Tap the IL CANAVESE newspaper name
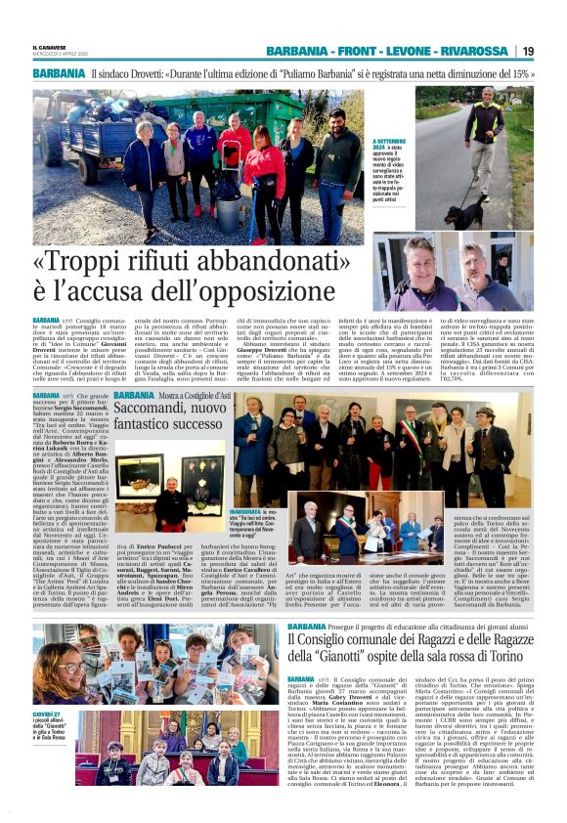pyautogui.click(x=52, y=47)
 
